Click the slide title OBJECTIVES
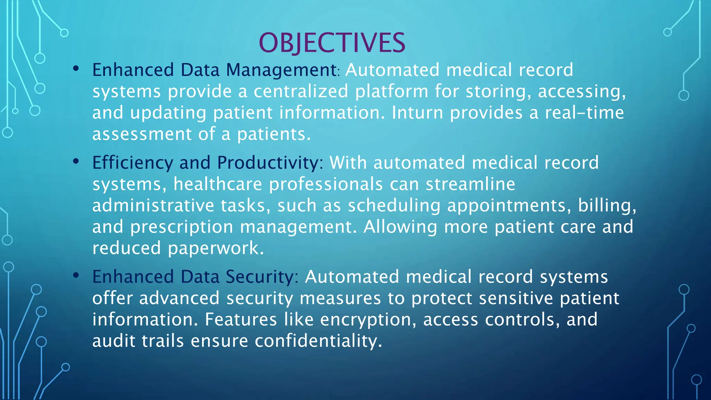332,43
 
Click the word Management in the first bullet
281,70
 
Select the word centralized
301,92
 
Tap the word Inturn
417,113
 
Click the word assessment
142,134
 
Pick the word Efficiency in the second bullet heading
133,163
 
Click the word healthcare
218,184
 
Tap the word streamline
470,184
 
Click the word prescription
182,227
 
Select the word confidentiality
318,341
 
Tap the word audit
114,341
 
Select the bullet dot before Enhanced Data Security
76,275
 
